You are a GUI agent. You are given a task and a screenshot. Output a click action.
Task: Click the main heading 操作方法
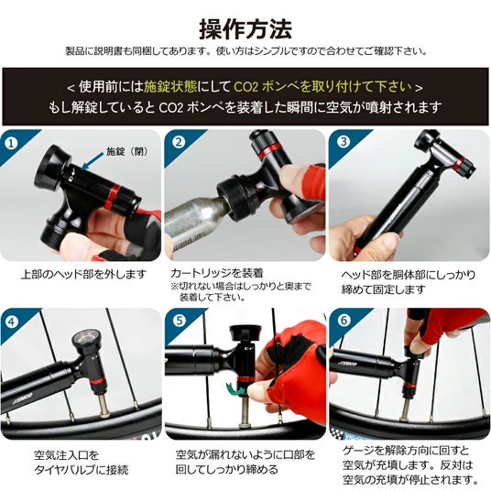point(245,29)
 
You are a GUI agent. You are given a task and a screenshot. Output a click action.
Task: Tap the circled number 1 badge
point(12,144)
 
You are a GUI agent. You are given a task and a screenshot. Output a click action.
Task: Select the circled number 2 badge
point(179,143)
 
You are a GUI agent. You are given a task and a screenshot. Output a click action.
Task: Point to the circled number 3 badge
point(344,142)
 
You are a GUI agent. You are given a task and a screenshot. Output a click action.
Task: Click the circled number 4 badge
point(12,322)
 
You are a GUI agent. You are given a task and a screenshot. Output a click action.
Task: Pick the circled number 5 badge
point(180,321)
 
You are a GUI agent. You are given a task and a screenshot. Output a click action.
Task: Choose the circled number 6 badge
point(344,320)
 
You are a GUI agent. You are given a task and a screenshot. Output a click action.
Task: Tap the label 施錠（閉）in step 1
point(126,151)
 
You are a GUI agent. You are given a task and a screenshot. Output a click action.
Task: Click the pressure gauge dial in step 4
point(85,341)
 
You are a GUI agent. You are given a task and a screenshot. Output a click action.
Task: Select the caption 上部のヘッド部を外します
point(83,274)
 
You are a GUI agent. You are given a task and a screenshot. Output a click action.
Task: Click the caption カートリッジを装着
point(217,273)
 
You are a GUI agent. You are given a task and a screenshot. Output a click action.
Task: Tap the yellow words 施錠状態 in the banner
point(170,87)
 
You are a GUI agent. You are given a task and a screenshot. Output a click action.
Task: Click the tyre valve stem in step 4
point(104,405)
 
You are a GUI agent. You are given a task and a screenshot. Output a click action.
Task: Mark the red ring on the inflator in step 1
point(112,196)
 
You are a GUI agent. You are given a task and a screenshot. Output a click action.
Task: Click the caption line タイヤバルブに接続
point(82,470)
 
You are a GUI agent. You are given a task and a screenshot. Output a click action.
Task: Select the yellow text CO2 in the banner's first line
point(246,87)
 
